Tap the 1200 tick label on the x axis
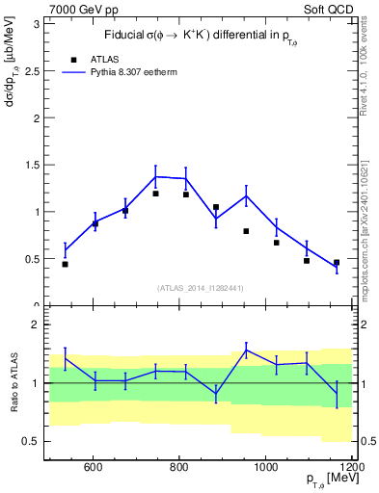[351, 468]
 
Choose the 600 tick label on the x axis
[94, 468]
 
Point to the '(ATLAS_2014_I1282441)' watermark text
[200, 288]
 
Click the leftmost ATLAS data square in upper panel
[65, 264]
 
